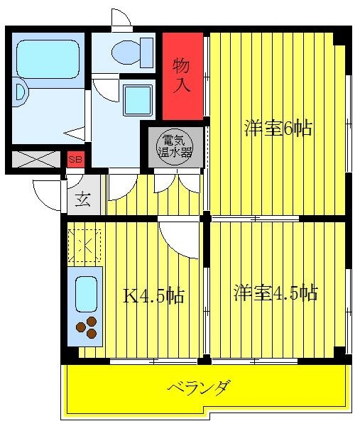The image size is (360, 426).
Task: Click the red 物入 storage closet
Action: [183, 76]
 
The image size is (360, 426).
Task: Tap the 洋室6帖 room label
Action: [278, 129]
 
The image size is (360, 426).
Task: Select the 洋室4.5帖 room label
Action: [276, 293]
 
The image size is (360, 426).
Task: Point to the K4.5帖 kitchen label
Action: [154, 295]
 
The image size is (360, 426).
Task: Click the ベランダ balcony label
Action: [199, 388]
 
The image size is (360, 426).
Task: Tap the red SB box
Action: [75, 160]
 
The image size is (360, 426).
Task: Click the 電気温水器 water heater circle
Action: [175, 147]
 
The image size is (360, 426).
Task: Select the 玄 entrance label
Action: [83, 200]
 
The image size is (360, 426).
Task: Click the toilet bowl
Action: [127, 53]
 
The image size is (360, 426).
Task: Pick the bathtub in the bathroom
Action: [48, 59]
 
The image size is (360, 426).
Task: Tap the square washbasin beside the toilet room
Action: [138, 99]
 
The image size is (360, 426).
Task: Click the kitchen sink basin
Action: [86, 294]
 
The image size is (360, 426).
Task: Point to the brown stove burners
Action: [87, 327]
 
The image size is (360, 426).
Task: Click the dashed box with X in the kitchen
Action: [84, 246]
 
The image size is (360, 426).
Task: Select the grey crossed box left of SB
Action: [36, 159]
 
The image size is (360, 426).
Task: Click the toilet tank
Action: [147, 53]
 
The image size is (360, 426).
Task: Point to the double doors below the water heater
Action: [177, 182]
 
